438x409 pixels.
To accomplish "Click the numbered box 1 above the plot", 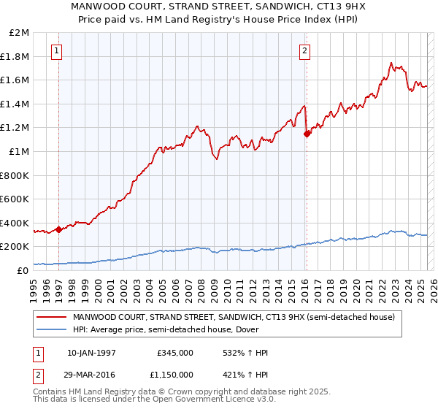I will click(57, 50).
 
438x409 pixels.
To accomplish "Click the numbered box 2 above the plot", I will click(304, 50).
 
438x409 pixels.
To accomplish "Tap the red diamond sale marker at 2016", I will click(307, 134).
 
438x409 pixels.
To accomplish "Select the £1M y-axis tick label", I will click(20, 152).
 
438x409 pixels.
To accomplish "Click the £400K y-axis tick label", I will click(16, 223).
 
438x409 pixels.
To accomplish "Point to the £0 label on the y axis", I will click(23, 270).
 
